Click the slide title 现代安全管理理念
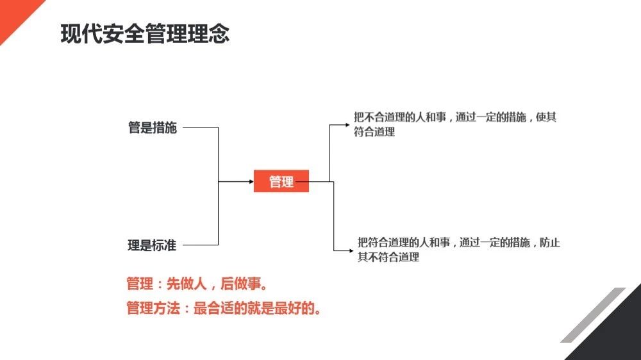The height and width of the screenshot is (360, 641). tap(145, 33)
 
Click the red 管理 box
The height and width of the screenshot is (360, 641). tap(281, 181)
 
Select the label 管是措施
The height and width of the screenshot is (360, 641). tap(153, 127)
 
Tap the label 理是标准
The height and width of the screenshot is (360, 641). tap(152, 245)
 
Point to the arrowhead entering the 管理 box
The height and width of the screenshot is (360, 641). tap(251, 181)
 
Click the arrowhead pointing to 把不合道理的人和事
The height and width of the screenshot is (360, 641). tap(347, 125)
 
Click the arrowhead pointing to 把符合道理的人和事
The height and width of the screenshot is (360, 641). tap(351, 250)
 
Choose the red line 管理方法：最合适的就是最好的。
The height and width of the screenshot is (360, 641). tap(224, 308)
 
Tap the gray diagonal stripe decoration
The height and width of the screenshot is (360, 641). tap(593, 315)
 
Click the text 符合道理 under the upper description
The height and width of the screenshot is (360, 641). tap(374, 132)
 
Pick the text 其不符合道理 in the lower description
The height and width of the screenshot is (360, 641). tap(388, 257)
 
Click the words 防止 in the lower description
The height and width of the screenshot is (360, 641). tap(550, 242)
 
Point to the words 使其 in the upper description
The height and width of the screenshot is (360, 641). tap(546, 117)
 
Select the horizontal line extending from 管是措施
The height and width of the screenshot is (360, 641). tap(200, 127)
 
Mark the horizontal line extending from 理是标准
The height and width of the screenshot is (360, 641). tap(200, 245)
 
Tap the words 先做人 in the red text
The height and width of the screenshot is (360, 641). tap(187, 284)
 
